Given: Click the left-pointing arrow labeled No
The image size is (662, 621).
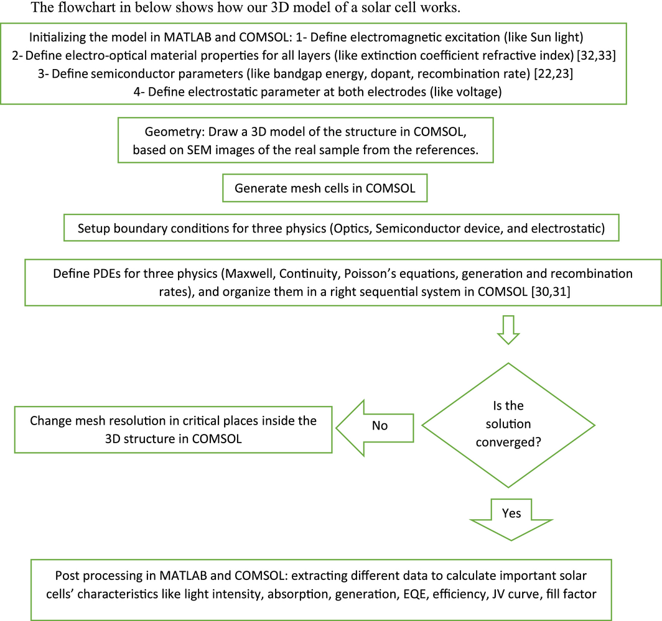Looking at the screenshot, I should point(376,426).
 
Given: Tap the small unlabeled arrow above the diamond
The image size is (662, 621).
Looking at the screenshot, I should point(508,329).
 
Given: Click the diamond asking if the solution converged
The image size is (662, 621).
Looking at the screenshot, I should point(508,425).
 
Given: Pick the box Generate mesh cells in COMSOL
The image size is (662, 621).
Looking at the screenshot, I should point(325,188).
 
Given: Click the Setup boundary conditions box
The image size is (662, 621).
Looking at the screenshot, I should point(341,228).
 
